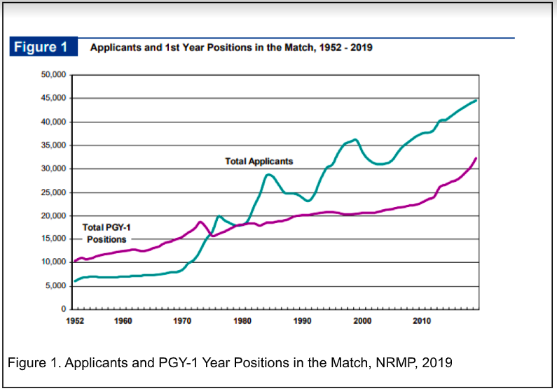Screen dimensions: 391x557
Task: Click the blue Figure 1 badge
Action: tap(42, 48)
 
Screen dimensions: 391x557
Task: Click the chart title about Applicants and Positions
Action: tap(231, 48)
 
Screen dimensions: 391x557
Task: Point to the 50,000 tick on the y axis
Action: tap(50, 75)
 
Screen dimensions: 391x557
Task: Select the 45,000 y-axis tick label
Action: tap(50, 99)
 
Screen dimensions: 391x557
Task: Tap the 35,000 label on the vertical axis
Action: tap(50, 145)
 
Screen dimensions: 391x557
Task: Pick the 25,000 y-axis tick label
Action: tap(50, 192)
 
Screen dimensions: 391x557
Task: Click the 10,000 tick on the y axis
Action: tap(50, 262)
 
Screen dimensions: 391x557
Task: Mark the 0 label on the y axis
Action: tap(62, 309)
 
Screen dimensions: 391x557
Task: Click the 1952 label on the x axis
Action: tap(74, 321)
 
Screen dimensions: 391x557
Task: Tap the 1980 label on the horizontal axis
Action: tap(242, 321)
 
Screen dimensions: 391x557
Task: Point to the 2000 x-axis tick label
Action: tap(362, 321)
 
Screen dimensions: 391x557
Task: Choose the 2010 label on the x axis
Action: tap(422, 321)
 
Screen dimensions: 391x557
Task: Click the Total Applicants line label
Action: tap(259, 161)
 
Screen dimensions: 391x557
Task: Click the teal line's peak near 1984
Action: tap(268, 174)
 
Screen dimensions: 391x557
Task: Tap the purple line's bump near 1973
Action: tap(200, 222)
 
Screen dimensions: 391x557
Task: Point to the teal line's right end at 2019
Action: tap(476, 100)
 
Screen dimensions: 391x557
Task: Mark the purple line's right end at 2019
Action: tap(476, 158)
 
